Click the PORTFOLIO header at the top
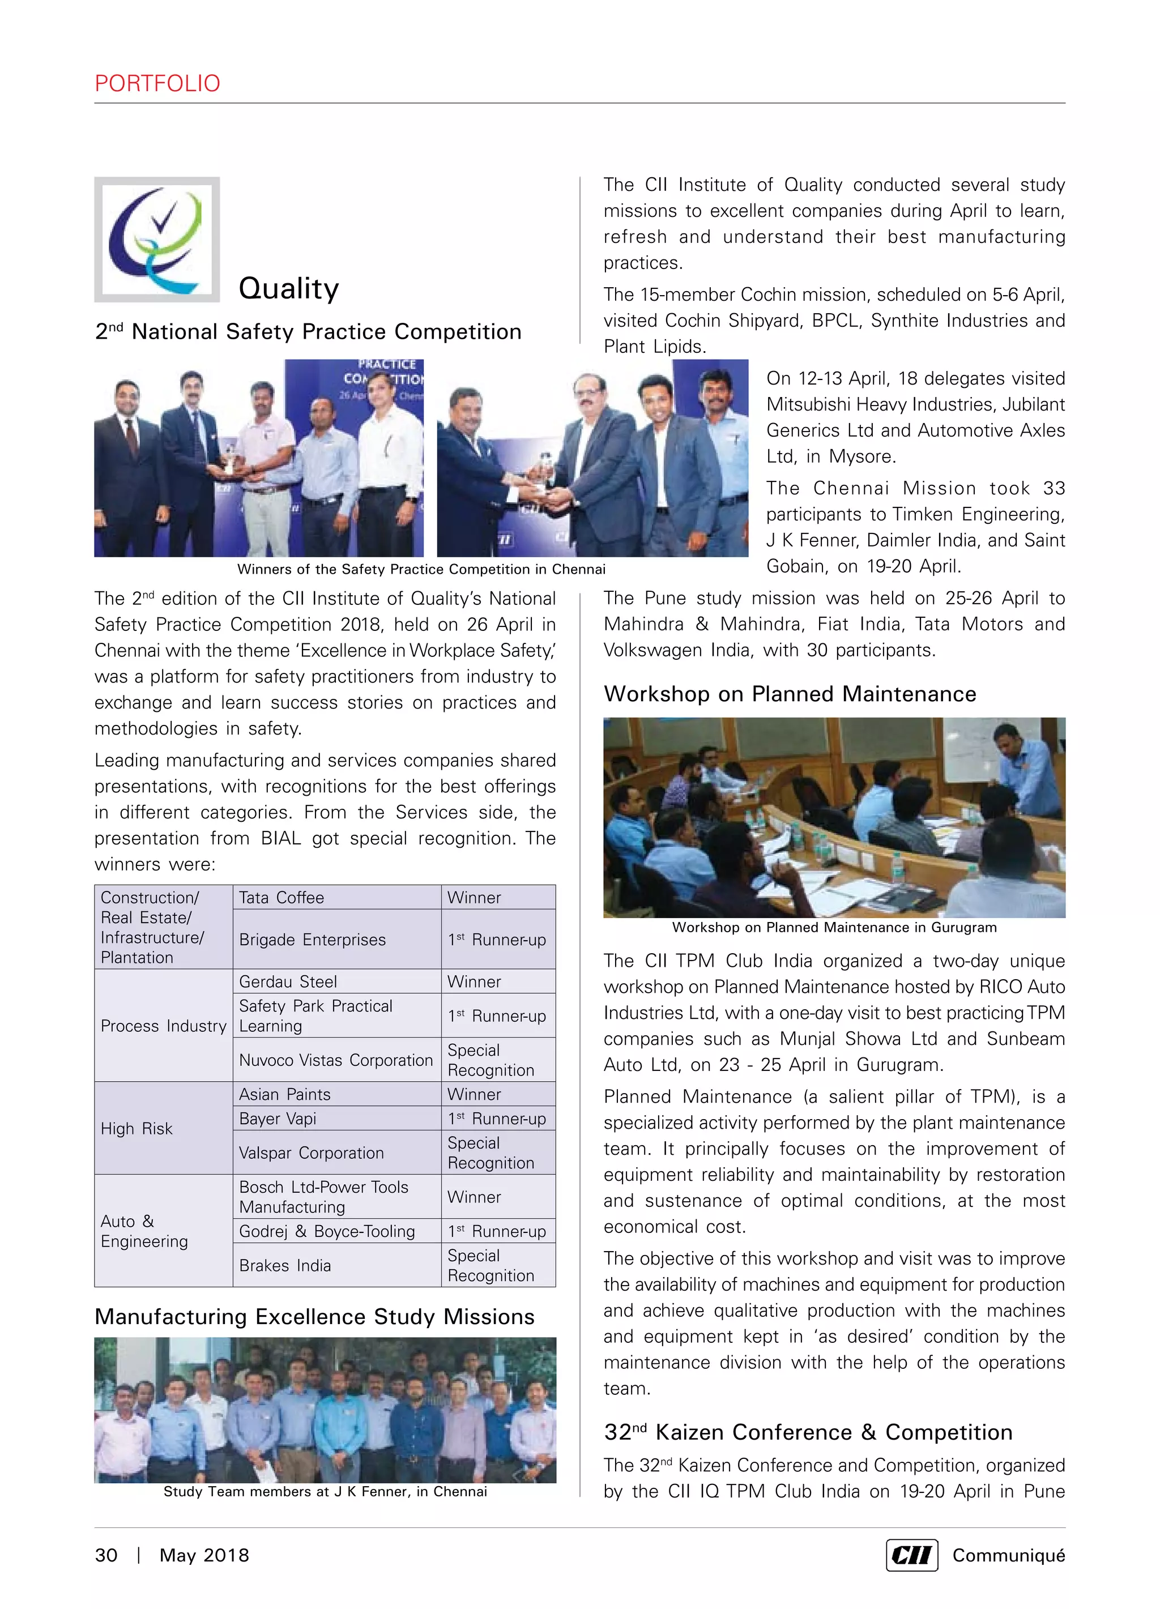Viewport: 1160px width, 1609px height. pyautogui.click(x=157, y=84)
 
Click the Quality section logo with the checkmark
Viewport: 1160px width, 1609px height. pyautogui.click(x=157, y=239)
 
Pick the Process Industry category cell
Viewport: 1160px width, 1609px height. pyautogui.click(x=163, y=1026)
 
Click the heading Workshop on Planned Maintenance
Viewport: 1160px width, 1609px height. pyautogui.click(x=790, y=694)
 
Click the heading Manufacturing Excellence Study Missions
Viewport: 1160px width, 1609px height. pyautogui.click(x=314, y=1317)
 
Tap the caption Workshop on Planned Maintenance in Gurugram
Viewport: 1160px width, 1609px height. pyautogui.click(x=834, y=928)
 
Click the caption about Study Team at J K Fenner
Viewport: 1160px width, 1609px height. pyautogui.click(x=325, y=1491)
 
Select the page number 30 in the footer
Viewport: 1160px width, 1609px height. pyautogui.click(x=106, y=1555)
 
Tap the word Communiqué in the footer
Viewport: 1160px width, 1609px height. pyautogui.click(x=1008, y=1555)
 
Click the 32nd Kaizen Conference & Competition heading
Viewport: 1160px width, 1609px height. pyautogui.click(x=808, y=1432)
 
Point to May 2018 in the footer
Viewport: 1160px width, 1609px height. pyautogui.click(x=204, y=1555)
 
